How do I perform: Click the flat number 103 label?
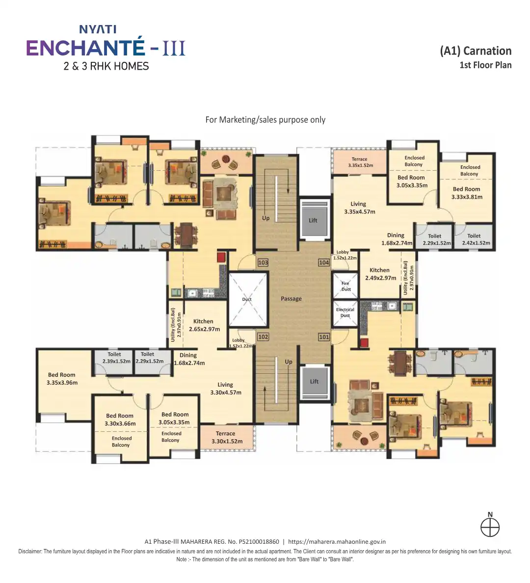tap(263, 263)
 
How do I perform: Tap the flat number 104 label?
tap(324, 263)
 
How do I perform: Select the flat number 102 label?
tap(263, 337)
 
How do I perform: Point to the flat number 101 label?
tap(324, 337)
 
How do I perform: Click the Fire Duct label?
tap(346, 286)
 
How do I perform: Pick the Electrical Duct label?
tap(345, 313)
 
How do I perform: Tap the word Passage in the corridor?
tap(291, 298)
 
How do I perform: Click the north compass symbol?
tap(490, 525)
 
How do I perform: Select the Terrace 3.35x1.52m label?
tap(360, 162)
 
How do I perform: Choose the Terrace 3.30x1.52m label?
tap(227, 438)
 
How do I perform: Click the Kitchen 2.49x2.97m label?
tap(380, 274)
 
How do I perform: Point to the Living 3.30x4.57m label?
tap(226, 389)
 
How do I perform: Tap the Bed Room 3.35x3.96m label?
tap(62, 378)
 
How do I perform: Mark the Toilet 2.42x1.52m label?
tap(476, 239)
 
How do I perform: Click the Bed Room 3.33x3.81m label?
tap(467, 193)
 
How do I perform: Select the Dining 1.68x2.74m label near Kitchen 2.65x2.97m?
tap(189, 359)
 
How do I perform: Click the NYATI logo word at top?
tap(98, 29)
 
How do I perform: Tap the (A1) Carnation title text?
tap(476, 51)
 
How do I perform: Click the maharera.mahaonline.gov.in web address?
tap(337, 542)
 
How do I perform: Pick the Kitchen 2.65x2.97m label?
tap(205, 325)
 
